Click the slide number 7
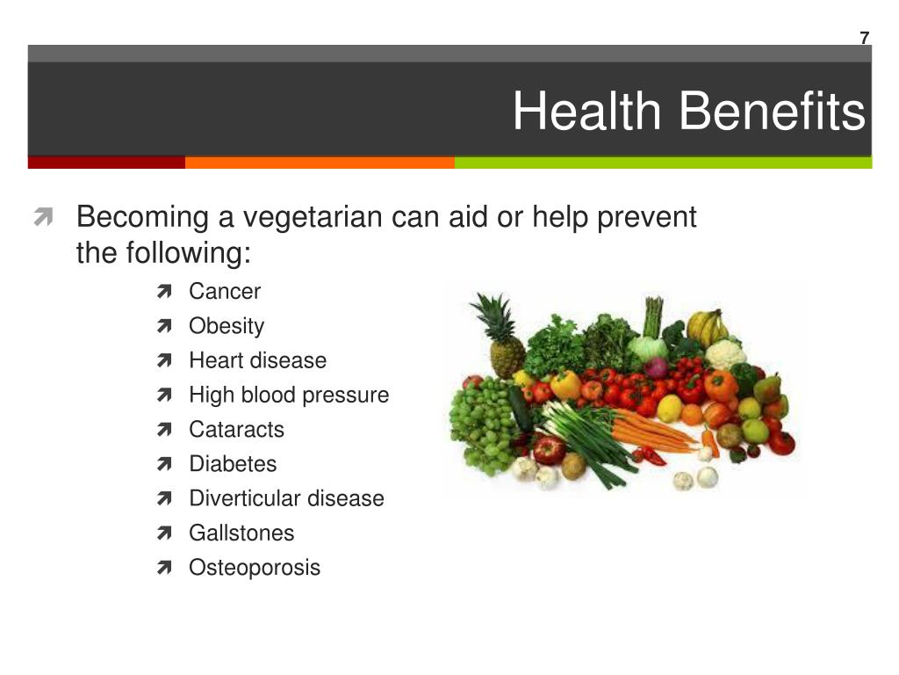click(x=865, y=38)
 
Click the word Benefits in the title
click(x=772, y=111)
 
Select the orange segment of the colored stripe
click(x=320, y=163)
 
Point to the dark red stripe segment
click(x=106, y=163)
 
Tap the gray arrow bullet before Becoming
click(x=43, y=217)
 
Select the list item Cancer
click(x=225, y=292)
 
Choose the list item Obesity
click(x=227, y=326)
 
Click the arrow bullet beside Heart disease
click(x=164, y=360)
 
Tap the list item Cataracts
click(x=236, y=429)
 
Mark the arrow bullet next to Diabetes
click(x=164, y=464)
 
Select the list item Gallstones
click(x=241, y=533)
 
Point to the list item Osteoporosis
click(x=255, y=569)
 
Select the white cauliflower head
click(x=724, y=355)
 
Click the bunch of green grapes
click(x=483, y=424)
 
